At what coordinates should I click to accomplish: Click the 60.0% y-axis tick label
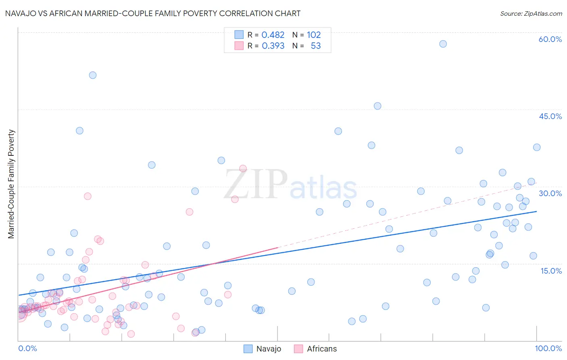point(550,39)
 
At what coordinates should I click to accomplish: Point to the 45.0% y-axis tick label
point(550,116)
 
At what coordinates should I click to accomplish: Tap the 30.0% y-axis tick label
point(550,193)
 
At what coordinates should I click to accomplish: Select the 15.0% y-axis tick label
point(551,271)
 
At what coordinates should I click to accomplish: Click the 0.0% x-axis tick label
point(27,348)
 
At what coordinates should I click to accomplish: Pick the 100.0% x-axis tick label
point(548,348)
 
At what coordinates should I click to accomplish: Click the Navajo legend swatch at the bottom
point(248,349)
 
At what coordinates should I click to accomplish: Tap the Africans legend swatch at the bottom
point(298,349)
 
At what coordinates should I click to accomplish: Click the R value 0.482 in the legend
point(273,35)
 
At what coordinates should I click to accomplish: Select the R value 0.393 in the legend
point(273,46)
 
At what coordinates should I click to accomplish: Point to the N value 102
point(314,35)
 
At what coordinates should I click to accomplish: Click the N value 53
point(316,46)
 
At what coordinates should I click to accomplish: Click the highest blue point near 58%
point(443,44)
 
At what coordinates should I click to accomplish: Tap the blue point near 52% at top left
point(93,75)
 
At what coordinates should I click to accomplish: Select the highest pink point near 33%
point(243,168)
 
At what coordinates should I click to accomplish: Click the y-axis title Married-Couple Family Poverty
point(11,184)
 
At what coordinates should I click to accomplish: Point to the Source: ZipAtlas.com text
point(531,14)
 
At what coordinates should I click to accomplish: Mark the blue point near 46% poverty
point(377,106)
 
